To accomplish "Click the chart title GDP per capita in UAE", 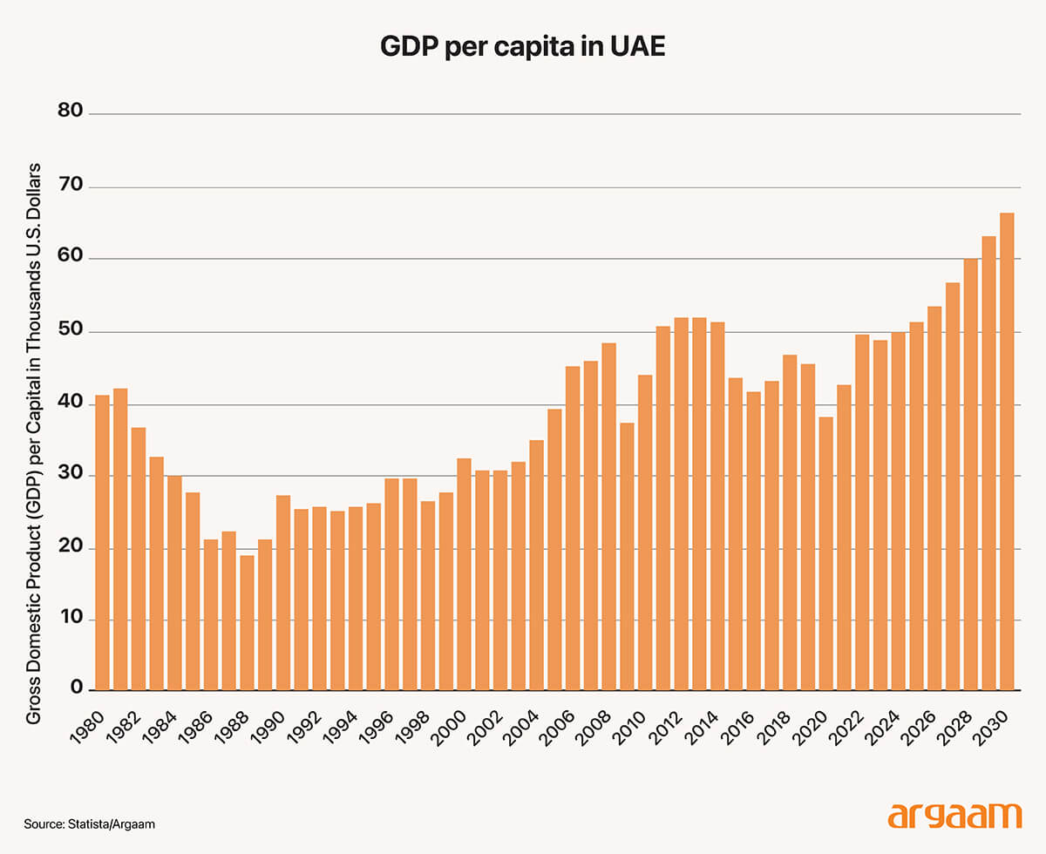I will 522,47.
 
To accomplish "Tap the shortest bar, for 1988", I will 247,622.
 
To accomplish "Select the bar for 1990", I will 283,592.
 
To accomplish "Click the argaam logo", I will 954,817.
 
